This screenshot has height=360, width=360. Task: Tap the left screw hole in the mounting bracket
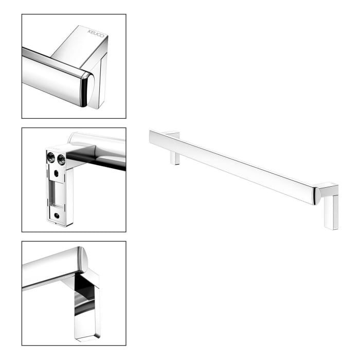pyautogui.click(x=51, y=158)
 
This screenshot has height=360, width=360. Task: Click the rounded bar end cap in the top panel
pyautogui.click(x=86, y=89)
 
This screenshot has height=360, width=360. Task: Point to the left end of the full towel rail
pyautogui.click(x=151, y=138)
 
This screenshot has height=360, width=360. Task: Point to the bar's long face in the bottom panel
pyautogui.click(x=49, y=267)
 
